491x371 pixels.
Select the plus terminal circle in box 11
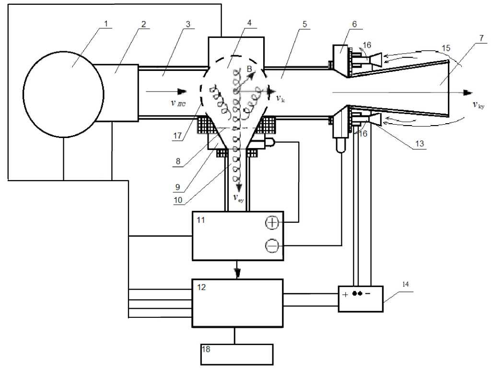272,222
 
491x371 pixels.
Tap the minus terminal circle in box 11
271,246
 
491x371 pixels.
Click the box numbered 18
237,354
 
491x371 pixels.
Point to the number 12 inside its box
201,287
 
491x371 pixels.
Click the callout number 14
405,284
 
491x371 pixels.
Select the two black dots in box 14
357,294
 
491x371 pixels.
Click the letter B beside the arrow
249,70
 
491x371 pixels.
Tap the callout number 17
177,136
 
